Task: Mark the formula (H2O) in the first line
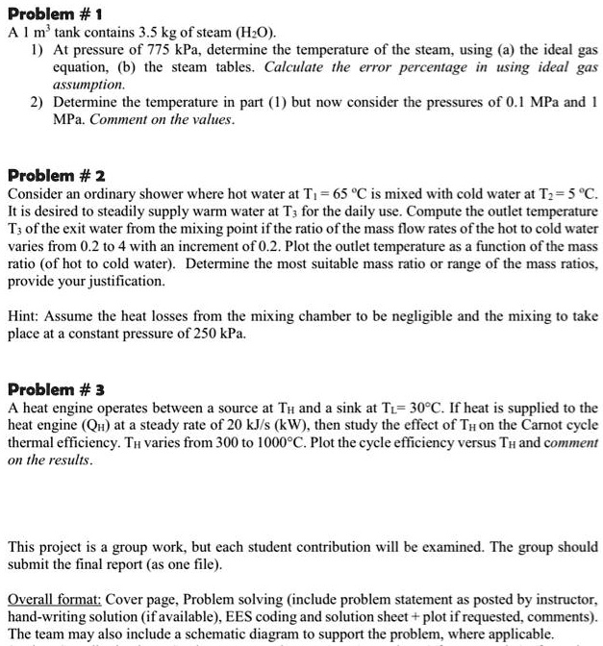tap(248, 31)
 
